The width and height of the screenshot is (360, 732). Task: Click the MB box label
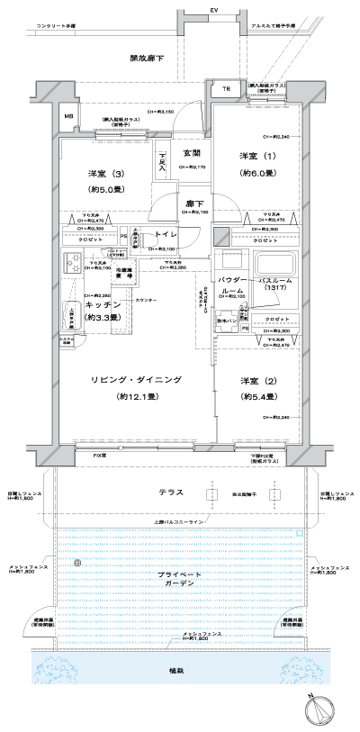67,116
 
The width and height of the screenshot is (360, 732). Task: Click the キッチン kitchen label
103,305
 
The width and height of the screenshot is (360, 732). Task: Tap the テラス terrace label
171,493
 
